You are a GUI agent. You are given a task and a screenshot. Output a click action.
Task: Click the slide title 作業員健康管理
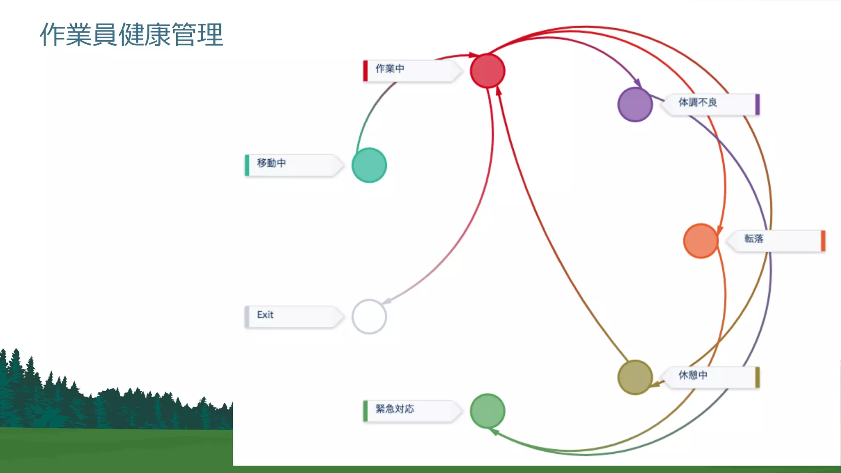(x=131, y=34)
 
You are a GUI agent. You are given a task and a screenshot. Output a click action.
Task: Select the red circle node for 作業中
(x=487, y=71)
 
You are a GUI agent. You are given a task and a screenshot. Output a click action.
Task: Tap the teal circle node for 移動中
(x=369, y=165)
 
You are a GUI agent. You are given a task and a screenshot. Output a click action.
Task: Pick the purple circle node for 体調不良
(x=635, y=104)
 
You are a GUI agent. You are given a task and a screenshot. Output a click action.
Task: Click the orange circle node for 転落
(x=701, y=241)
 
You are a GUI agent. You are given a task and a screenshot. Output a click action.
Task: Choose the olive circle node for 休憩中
(x=635, y=377)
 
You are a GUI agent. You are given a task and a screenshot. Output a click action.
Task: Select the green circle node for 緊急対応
(x=487, y=411)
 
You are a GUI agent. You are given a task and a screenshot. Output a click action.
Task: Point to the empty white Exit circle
(x=369, y=317)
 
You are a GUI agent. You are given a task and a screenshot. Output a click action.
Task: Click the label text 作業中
(x=390, y=69)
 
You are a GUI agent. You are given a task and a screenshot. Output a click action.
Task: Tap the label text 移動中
(x=271, y=163)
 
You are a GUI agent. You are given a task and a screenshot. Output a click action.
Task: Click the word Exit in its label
(x=265, y=315)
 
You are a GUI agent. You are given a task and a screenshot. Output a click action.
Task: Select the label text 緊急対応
(x=395, y=409)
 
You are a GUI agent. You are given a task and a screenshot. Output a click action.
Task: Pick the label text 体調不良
(x=698, y=102)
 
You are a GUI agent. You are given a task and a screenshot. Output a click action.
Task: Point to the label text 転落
(x=754, y=239)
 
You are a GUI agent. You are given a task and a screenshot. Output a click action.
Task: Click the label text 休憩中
(x=693, y=375)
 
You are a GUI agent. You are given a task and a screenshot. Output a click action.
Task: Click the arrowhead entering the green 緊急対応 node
(x=494, y=431)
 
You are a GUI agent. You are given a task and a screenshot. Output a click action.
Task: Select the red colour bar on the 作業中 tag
(x=365, y=71)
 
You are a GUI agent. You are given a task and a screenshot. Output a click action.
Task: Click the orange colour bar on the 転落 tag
(x=823, y=241)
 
